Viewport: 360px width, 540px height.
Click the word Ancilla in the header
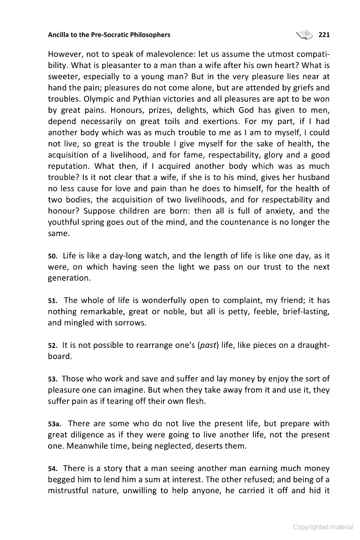[x=59, y=34]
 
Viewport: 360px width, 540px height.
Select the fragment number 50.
[x=52, y=256]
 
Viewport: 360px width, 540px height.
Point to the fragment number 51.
[x=52, y=301]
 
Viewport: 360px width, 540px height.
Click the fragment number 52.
[x=52, y=346]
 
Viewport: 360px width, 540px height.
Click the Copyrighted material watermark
[x=323, y=527]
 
